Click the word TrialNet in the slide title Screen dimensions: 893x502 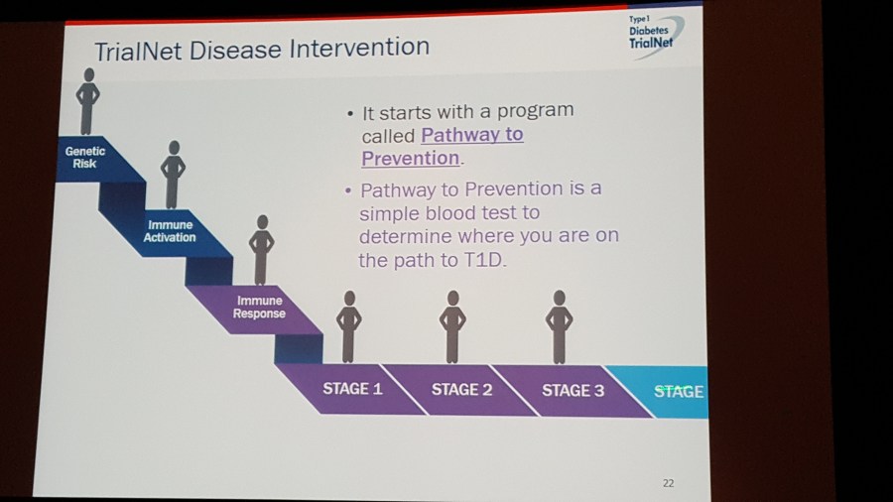click(138, 51)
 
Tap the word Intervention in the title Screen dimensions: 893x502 click(359, 48)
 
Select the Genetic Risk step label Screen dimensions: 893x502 click(85, 157)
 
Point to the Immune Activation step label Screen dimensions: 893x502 click(170, 231)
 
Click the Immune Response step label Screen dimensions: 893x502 click(259, 307)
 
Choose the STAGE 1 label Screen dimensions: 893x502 click(352, 389)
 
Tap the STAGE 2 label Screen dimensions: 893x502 click(461, 389)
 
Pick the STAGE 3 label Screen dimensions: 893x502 click(573, 391)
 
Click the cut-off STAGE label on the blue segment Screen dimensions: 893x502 click(679, 392)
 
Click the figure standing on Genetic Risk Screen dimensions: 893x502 click(87, 102)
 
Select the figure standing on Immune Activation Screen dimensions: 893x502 click(173, 175)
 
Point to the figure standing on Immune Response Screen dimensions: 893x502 click(261, 250)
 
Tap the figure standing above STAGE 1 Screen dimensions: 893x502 click(348, 327)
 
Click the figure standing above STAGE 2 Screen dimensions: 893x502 click(452, 327)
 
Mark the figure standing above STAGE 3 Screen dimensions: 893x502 click(560, 327)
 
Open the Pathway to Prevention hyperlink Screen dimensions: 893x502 click(443, 146)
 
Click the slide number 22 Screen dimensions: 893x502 click(669, 483)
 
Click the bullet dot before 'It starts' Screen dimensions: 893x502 click(350, 114)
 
